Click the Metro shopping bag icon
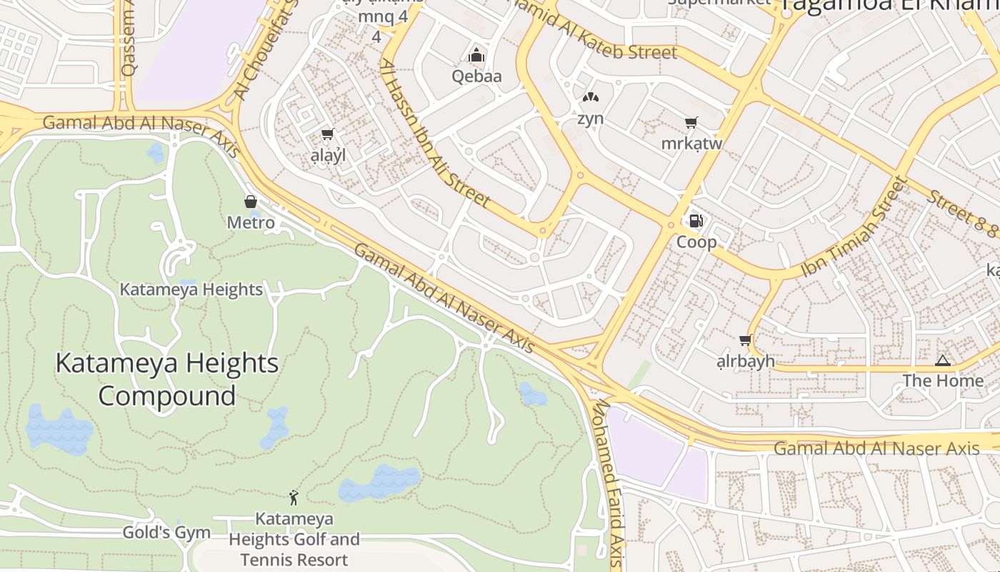(251, 202)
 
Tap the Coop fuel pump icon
(696, 221)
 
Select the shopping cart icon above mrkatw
(691, 123)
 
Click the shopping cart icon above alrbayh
(746, 340)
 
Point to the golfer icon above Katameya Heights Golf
(294, 497)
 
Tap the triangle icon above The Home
(942, 360)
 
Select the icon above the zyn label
(590, 97)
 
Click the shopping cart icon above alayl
(328, 134)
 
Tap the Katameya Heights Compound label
(166, 379)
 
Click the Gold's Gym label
(166, 533)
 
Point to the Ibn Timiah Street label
(853, 227)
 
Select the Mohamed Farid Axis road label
(609, 483)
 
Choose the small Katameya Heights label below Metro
(191, 290)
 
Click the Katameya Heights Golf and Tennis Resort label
(294, 539)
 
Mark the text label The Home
(943, 381)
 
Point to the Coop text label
(696, 242)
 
